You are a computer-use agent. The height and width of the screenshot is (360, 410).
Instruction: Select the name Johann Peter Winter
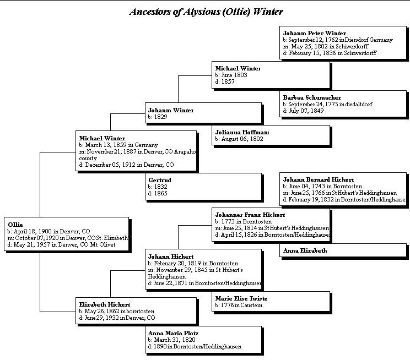pos(314,33)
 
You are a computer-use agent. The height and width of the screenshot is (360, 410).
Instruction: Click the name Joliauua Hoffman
pos(242,132)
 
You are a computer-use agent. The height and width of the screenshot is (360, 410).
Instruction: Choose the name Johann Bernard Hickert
pos(318,179)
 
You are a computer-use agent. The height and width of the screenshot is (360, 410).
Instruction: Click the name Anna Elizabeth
pos(305,250)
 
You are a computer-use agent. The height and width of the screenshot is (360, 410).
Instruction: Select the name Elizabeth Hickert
pos(105,304)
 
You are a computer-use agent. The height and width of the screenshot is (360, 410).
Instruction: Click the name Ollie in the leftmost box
pos(15,224)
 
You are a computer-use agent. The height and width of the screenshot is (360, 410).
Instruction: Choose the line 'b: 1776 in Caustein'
pos(239,306)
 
